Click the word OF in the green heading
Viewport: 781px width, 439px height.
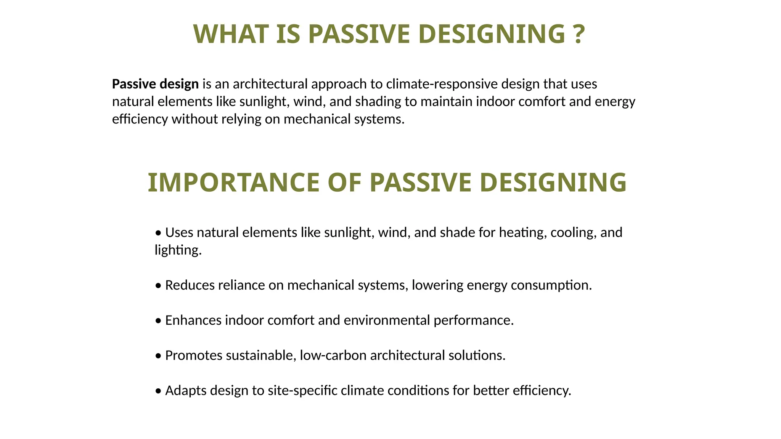(344, 183)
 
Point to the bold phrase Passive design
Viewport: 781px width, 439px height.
(155, 84)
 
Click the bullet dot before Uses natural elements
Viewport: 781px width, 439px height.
(158, 233)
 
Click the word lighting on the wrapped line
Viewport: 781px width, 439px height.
(178, 250)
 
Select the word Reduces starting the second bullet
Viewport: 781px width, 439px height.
(190, 285)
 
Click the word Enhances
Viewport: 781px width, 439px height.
(193, 320)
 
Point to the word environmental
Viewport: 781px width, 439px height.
(387, 320)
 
